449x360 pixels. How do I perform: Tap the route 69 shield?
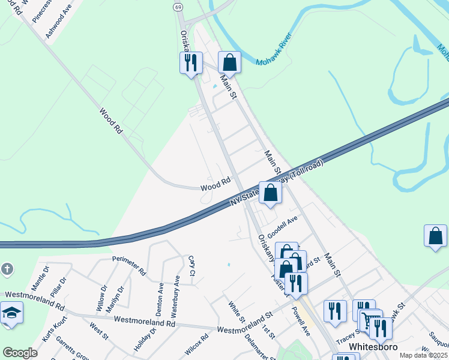click(x=178, y=7)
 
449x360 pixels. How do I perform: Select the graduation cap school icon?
click(x=11, y=314)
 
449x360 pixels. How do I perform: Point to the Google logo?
click(x=20, y=353)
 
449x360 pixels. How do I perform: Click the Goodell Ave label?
click(x=283, y=227)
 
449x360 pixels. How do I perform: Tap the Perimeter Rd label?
click(x=129, y=265)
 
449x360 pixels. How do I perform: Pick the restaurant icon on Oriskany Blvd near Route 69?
click(x=191, y=62)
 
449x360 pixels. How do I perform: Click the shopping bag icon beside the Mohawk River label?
click(x=229, y=62)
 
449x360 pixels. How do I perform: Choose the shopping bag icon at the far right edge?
click(x=435, y=236)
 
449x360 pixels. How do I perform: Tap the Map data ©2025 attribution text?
click(x=423, y=355)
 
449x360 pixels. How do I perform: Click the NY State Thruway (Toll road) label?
click(x=277, y=184)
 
